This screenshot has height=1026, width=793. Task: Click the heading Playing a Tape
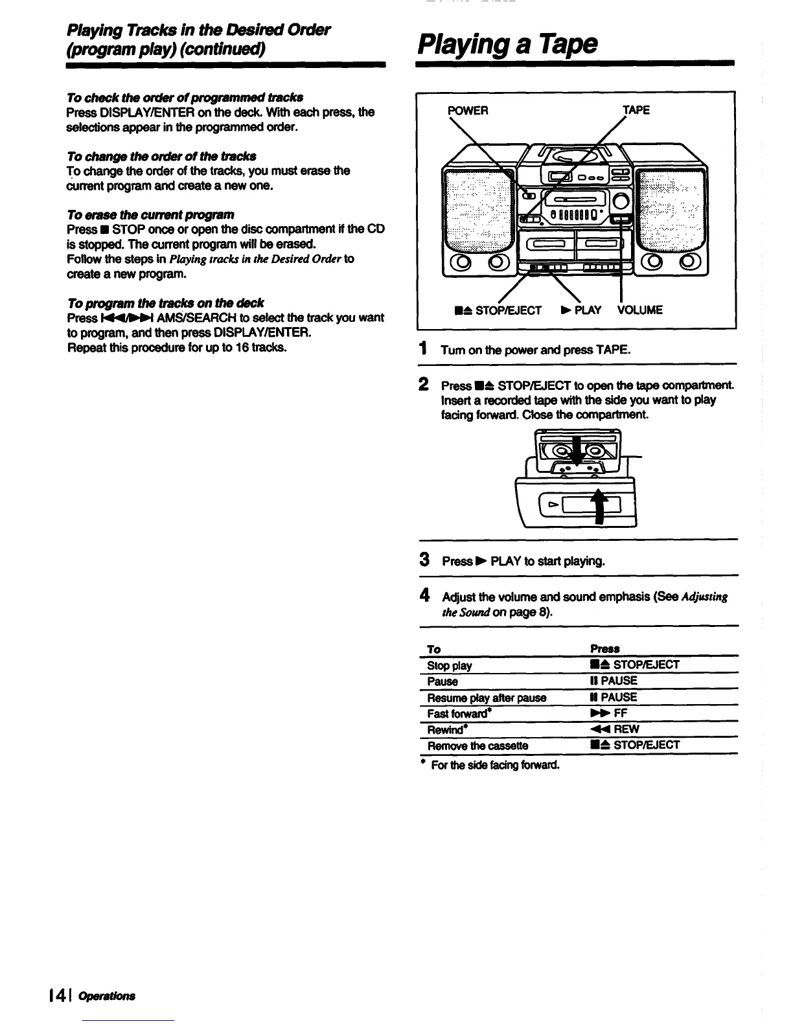pyautogui.click(x=507, y=44)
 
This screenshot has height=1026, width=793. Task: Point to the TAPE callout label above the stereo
pyautogui.click(x=636, y=110)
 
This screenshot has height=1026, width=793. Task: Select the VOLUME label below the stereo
pyautogui.click(x=640, y=310)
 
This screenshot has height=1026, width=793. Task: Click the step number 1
pyautogui.click(x=422, y=349)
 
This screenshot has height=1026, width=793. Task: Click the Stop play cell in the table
pyautogui.click(x=450, y=665)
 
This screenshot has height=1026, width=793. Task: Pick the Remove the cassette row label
pyautogui.click(x=477, y=746)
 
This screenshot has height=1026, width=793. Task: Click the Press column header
pyautogui.click(x=604, y=648)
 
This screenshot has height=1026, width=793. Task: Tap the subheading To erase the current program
pyautogui.click(x=150, y=214)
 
